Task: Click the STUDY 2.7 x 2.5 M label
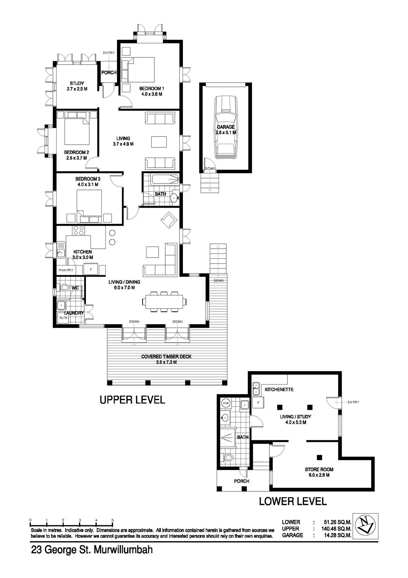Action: (77, 86)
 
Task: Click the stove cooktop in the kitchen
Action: (79, 231)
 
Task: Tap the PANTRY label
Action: (66, 270)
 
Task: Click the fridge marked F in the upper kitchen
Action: (91, 270)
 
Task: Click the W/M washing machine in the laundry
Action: (63, 318)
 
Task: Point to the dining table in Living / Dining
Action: (164, 301)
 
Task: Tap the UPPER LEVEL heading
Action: (132, 400)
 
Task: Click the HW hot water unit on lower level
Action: (226, 403)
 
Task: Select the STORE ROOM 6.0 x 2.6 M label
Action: (319, 472)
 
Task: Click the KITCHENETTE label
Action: (279, 389)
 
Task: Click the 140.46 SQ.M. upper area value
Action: (336, 529)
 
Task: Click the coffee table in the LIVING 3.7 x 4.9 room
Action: (159, 142)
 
